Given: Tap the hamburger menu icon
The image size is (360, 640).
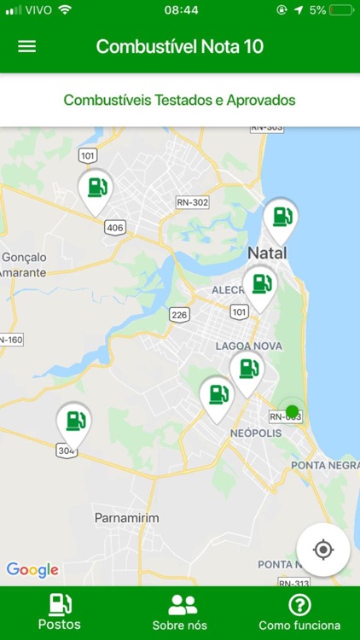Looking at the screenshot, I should tap(27, 46).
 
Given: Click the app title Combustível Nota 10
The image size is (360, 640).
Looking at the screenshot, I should tap(180, 46).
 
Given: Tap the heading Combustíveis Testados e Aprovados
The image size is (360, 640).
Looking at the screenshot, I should tap(180, 100).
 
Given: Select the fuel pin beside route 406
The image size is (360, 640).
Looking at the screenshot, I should tap(96, 189).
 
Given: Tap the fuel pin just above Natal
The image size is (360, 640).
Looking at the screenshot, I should tap(280, 218).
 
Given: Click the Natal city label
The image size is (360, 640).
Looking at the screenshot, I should tap(266, 253).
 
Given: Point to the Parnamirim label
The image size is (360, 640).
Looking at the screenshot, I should tap(126, 518).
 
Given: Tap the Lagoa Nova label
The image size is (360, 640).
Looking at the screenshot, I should tap(248, 346).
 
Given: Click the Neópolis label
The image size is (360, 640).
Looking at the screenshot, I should tap(256, 433).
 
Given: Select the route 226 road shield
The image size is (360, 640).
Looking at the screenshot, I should tap(178, 315).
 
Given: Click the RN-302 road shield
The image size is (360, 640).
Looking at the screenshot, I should tap(192, 202).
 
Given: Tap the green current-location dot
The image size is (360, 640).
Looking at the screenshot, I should tap(292, 412).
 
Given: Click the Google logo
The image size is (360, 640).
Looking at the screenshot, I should tap(32, 570).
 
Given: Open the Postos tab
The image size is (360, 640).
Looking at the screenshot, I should tap(60, 612).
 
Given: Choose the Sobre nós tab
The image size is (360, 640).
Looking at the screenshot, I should tap(180, 612).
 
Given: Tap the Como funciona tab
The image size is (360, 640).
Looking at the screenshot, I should tap(299, 612).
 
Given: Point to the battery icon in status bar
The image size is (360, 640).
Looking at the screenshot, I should tap(341, 10).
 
